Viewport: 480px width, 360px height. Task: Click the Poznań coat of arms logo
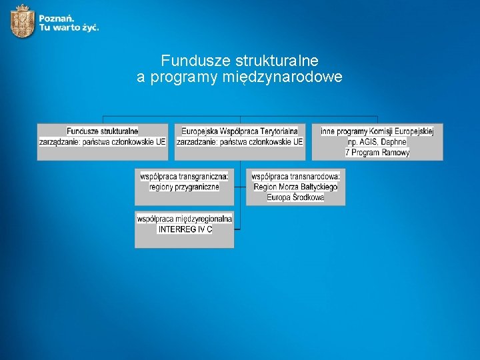(23, 21)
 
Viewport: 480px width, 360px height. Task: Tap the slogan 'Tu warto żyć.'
(69, 28)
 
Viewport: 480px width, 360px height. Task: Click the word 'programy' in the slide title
(184, 77)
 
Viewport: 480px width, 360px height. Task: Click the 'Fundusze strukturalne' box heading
(103, 131)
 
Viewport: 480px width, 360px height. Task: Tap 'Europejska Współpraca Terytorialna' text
(239, 131)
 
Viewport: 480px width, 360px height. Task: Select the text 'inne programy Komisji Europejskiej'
(377, 131)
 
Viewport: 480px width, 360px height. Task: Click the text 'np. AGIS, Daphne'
(377, 142)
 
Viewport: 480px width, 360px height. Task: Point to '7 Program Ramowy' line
(377, 153)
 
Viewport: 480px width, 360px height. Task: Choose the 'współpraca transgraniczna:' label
(184, 176)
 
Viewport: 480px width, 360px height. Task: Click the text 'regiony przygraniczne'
(184, 187)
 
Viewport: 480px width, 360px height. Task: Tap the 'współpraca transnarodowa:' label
(295, 176)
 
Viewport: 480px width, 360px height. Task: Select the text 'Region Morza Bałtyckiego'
(295, 187)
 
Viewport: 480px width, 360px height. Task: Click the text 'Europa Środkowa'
(295, 197)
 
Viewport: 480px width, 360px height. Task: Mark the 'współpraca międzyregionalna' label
(185, 219)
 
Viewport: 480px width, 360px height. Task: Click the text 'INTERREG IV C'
(185, 229)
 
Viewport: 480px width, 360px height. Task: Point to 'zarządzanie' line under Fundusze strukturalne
(103, 142)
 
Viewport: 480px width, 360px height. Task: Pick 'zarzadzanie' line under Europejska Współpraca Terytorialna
(239, 142)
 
